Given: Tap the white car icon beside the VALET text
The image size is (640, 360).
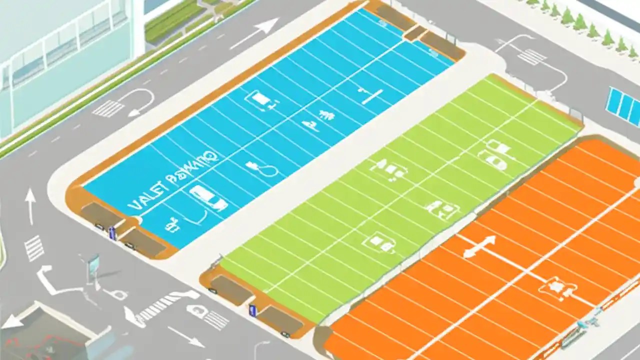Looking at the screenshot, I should click(x=208, y=197).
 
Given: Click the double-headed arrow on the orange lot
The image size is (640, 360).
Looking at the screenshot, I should click(x=479, y=246).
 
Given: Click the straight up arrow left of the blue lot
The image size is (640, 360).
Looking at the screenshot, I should click(x=30, y=205).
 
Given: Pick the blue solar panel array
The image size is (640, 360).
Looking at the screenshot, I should click(x=623, y=106).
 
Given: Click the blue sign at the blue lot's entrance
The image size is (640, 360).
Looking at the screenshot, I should click(x=112, y=231).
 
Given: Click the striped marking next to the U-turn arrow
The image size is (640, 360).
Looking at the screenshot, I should click(x=108, y=108).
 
